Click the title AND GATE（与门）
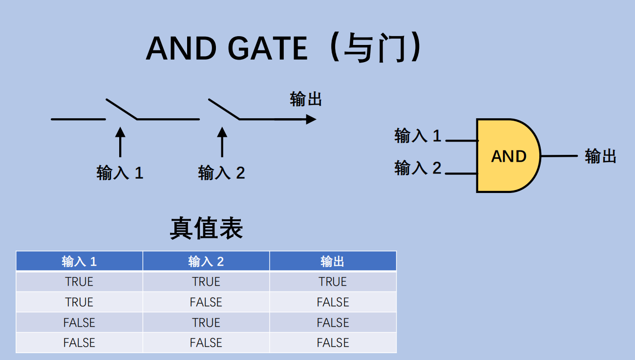tap(283, 48)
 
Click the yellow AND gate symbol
tap(508, 156)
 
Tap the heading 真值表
tap(206, 228)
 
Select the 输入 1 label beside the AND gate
tap(418, 136)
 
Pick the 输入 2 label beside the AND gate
tap(418, 168)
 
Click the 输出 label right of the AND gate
tap(600, 156)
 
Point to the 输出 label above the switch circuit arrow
tap(306, 99)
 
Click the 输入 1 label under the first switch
tap(120, 172)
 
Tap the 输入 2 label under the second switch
tap(221, 172)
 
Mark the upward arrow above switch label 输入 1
tap(120, 142)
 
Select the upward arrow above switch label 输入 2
tap(222, 142)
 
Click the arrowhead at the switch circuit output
tap(311, 119)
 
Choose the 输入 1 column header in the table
tap(79, 261)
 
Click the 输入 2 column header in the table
tap(206, 261)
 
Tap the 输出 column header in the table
tap(333, 261)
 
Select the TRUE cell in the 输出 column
tap(333, 282)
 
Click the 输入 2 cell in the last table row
tap(206, 343)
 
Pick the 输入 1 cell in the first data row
tap(79, 282)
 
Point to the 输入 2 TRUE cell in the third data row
tap(206, 322)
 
